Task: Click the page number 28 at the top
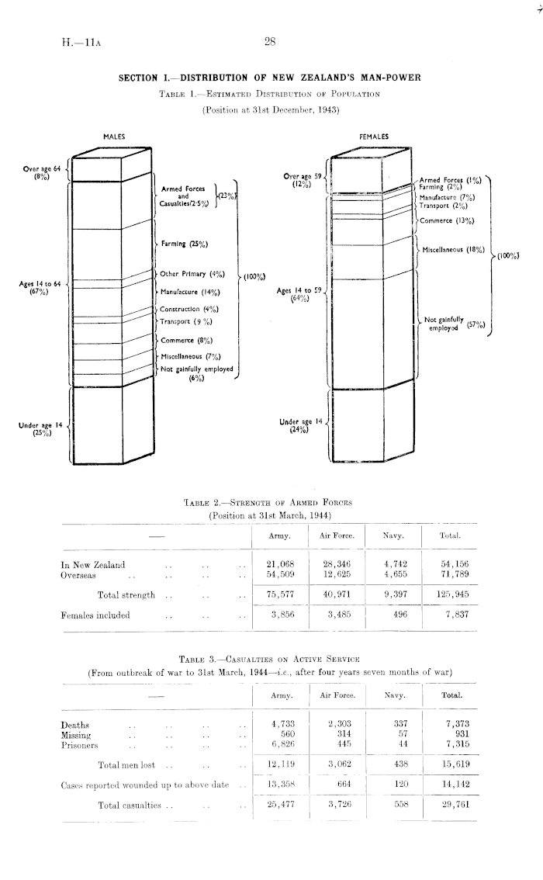[270, 43]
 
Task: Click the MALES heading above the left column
[114, 137]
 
